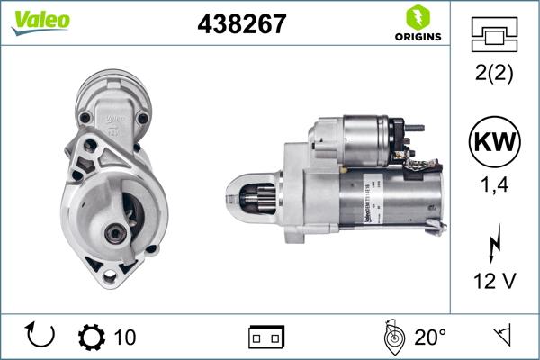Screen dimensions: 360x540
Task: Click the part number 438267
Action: pos(241,24)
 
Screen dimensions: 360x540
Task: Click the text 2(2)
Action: pos(494,75)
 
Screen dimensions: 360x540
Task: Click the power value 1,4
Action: pos(494,188)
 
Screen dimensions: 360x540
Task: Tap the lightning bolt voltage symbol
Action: pos(494,243)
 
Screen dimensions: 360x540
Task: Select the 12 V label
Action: pos(494,282)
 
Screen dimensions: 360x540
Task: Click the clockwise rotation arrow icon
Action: pos(41,337)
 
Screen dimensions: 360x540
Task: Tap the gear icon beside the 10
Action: pos(91,337)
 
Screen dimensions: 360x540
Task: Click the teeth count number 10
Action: pos(125,337)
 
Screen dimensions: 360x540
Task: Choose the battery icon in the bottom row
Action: pos(265,337)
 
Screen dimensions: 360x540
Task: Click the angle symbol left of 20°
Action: pos(391,337)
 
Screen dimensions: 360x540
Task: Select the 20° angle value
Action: pos(430,337)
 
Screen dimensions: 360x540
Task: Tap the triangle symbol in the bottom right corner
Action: pos(500,337)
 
